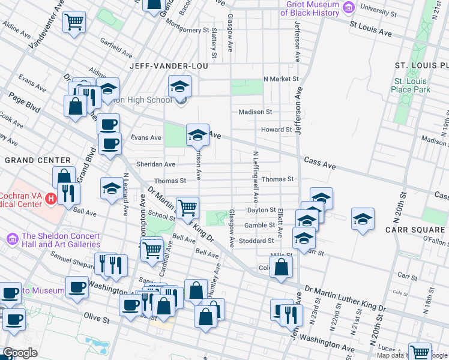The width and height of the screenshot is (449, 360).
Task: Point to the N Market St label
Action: (281, 79)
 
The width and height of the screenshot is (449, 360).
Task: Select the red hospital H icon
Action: (51, 197)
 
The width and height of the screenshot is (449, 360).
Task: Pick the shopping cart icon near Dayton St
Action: (188, 208)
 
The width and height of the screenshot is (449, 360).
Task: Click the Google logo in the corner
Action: (19, 353)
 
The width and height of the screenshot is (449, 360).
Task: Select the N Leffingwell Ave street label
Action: (255, 176)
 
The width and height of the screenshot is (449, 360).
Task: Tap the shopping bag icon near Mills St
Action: (281, 268)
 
